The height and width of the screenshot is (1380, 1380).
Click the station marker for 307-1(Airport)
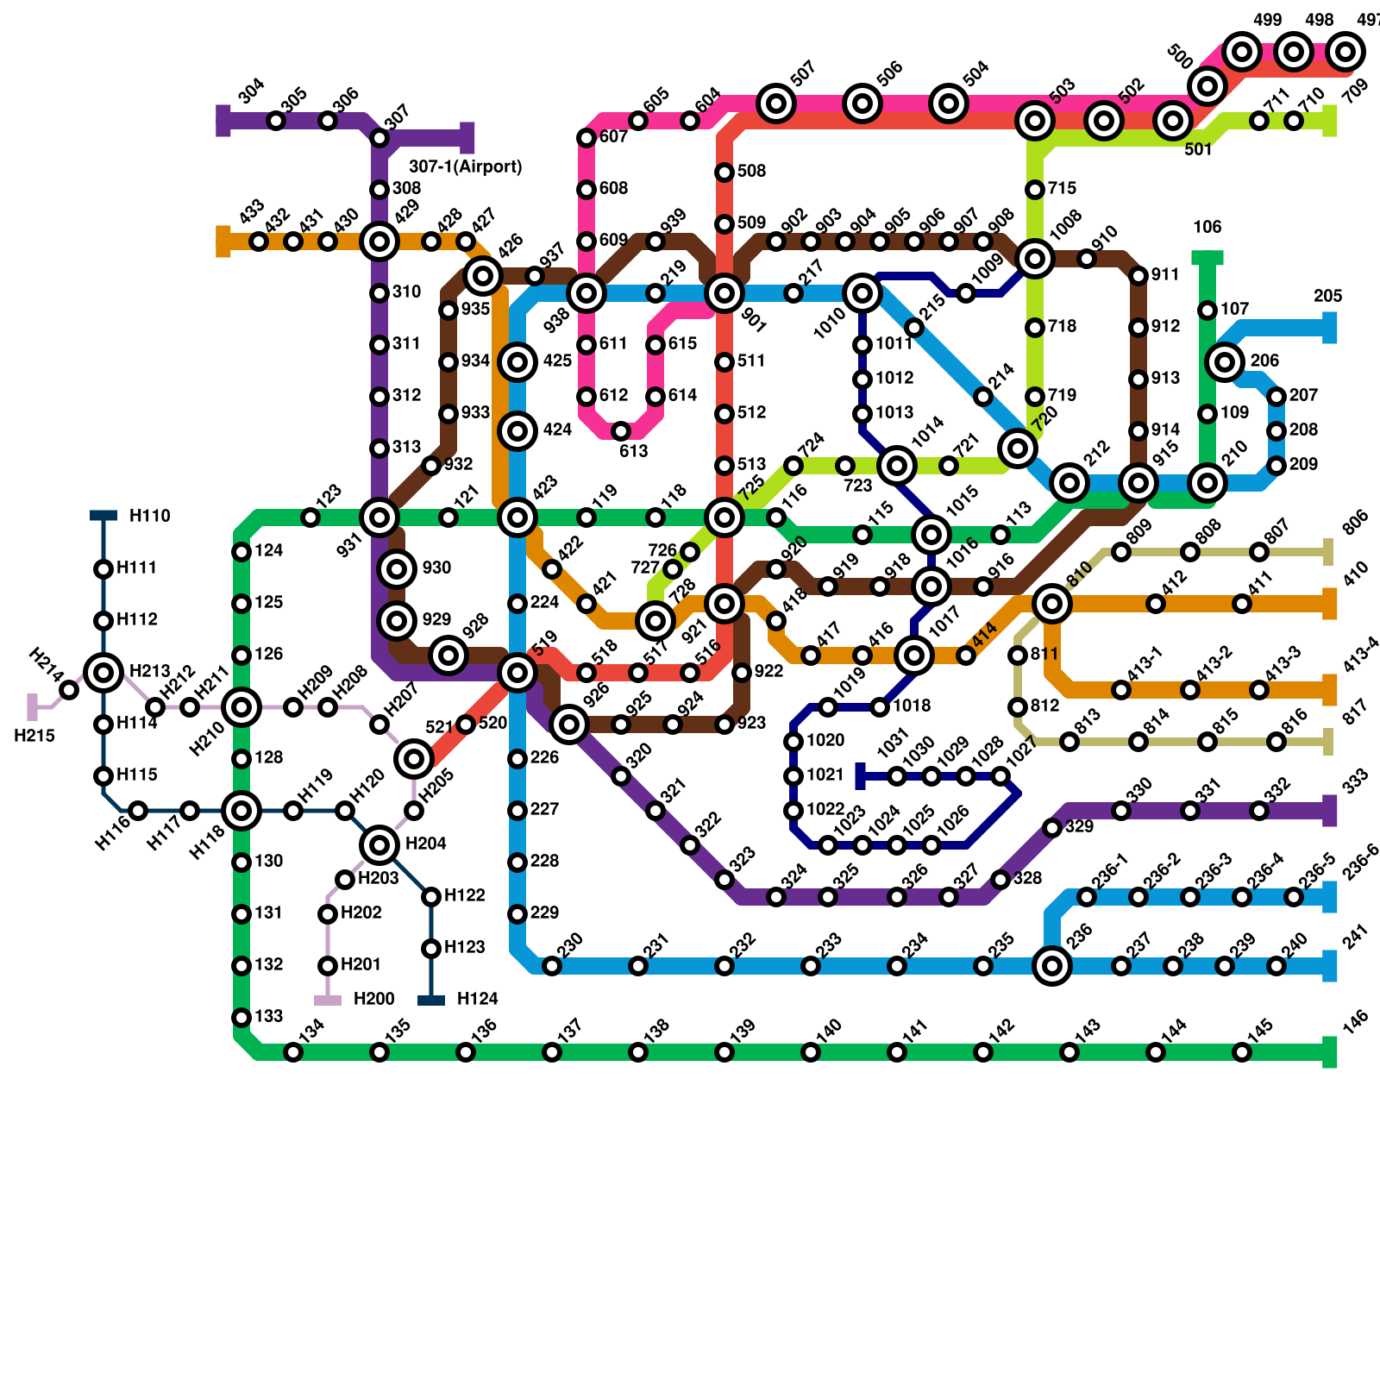pos(467,138)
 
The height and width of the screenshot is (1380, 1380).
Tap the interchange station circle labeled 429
pos(379,241)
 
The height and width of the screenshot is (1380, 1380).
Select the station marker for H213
pos(103,672)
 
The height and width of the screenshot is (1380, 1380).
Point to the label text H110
pos(150,517)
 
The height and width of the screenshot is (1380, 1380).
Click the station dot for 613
pos(621,431)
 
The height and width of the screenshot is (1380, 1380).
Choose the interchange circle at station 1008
pos(1035,258)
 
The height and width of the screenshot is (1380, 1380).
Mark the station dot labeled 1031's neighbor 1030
pos(897,776)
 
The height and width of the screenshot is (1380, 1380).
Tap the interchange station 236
pos(1052,966)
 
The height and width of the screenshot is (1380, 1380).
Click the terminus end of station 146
pos(1330,1052)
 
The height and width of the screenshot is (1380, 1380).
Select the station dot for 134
pos(293,1052)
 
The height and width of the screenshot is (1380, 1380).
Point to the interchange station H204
pos(379,845)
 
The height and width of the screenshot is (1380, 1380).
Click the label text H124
pos(477,1000)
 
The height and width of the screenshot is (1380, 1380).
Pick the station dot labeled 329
pos(1052,828)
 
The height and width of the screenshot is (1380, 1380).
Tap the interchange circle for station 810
pos(1052,604)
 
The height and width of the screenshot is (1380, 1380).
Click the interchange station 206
pos(1225,362)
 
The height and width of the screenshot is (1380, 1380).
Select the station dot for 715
pos(1035,190)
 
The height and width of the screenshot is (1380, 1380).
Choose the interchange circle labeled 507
pos(776,103)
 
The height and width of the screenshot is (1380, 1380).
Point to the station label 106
pos(1207,228)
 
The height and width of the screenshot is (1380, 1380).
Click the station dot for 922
pos(742,673)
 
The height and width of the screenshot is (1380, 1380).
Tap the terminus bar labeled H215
pos(33,707)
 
